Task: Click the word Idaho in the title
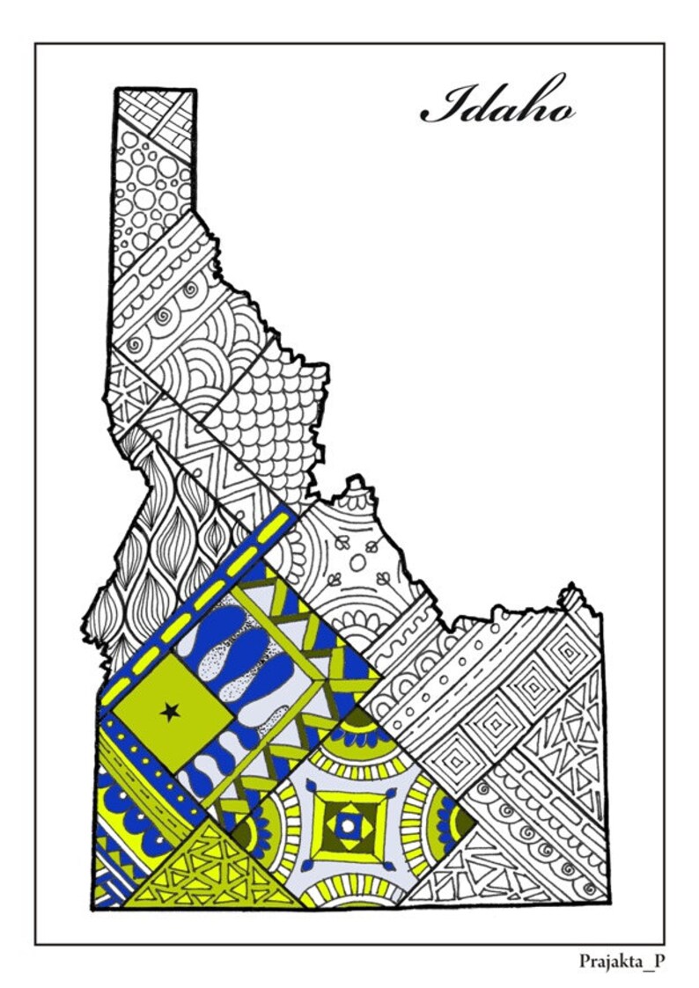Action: (497, 105)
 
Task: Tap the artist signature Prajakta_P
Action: (622, 961)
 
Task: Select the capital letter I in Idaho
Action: (441, 106)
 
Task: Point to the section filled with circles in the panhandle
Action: (151, 194)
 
